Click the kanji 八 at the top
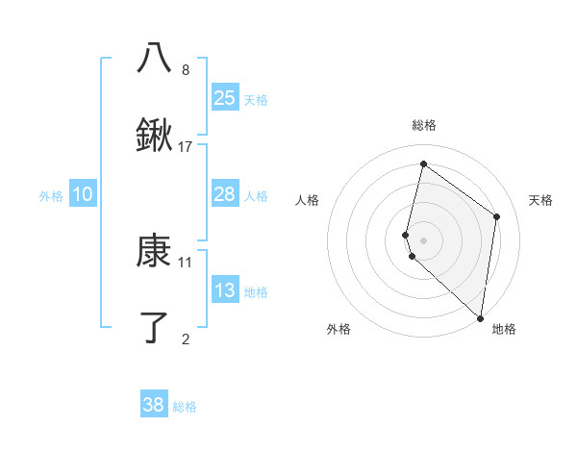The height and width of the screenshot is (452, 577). (x=155, y=58)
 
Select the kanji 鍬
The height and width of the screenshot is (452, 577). (x=155, y=136)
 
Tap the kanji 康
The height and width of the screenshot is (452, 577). (x=155, y=253)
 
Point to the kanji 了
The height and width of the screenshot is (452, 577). (x=155, y=328)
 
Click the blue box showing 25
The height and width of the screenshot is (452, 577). (x=225, y=97)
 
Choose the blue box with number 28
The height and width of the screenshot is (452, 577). (x=225, y=194)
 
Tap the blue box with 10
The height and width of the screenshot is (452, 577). (x=83, y=194)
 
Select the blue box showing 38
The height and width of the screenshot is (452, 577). (x=154, y=405)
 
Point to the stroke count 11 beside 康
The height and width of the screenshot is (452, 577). (x=186, y=262)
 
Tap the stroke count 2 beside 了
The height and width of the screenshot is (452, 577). (x=186, y=338)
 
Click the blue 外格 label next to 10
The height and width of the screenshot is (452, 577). (x=51, y=196)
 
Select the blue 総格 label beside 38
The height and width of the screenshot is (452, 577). (x=185, y=407)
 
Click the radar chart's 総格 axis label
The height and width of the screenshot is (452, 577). (x=424, y=125)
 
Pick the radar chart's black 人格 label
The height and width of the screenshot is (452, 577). (x=308, y=200)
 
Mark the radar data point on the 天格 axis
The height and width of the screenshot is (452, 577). (x=497, y=216)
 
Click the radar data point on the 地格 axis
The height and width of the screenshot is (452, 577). (x=480, y=317)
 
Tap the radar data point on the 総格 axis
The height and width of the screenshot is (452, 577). (x=423, y=164)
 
